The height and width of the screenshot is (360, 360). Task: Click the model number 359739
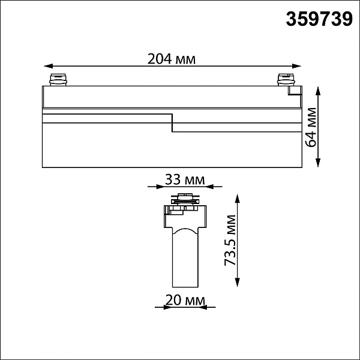coord(319,19)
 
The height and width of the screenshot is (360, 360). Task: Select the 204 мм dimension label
coord(171,59)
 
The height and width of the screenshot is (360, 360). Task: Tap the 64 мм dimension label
coord(310,127)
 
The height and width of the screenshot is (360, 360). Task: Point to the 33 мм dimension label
coord(185,180)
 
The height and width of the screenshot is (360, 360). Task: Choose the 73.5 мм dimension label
coord(230,241)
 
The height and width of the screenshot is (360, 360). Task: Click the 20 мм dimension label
coord(185,300)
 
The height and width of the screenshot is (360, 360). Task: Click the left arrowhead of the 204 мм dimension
coord(49,66)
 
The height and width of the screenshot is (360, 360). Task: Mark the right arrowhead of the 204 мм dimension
coord(296,66)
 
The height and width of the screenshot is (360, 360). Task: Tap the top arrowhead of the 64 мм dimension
coord(318,91)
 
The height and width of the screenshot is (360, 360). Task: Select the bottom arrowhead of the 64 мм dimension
coord(318,163)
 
